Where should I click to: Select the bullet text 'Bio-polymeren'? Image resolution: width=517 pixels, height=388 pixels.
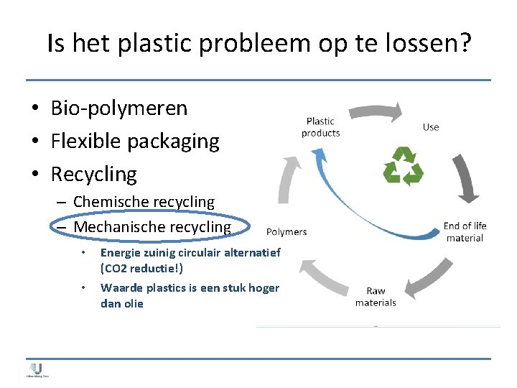pos(118,108)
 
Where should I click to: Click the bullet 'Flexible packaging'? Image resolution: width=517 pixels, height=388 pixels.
pos(135,142)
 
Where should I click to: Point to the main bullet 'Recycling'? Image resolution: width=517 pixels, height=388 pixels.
pos(93,174)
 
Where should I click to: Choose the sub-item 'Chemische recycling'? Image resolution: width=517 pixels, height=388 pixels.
pos(144,203)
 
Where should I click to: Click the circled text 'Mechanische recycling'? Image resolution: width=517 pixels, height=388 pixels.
pos(152,227)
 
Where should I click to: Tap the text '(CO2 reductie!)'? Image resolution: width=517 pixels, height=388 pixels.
pos(141,268)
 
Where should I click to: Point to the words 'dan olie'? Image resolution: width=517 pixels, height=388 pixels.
pos(122,304)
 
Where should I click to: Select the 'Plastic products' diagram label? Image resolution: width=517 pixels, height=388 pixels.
pos(320,127)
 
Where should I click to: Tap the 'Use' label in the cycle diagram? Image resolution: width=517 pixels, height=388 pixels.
pos(431,127)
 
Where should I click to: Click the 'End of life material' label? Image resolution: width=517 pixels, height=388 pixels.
pos(465,231)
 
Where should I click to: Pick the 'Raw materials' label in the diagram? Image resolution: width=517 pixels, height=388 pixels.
pos(376,297)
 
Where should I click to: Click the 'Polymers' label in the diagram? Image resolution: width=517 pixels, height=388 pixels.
pos(287,231)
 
